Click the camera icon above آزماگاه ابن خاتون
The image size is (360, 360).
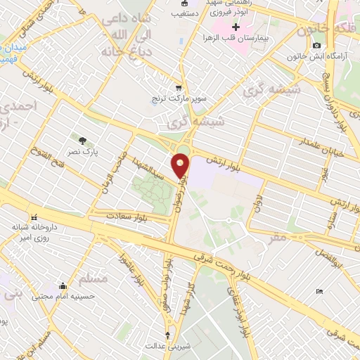(x=316, y=45)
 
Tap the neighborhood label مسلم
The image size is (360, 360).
(x=94, y=280)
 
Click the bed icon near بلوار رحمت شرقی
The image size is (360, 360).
(x=321, y=291)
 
